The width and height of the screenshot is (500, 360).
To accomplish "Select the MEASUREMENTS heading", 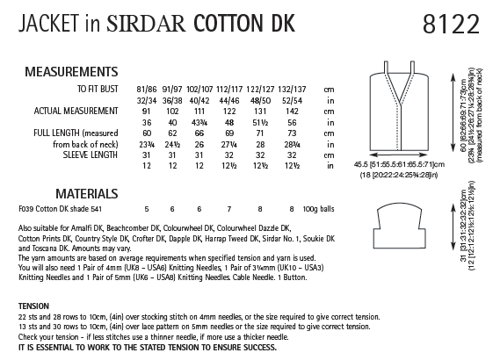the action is (x=72, y=71).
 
